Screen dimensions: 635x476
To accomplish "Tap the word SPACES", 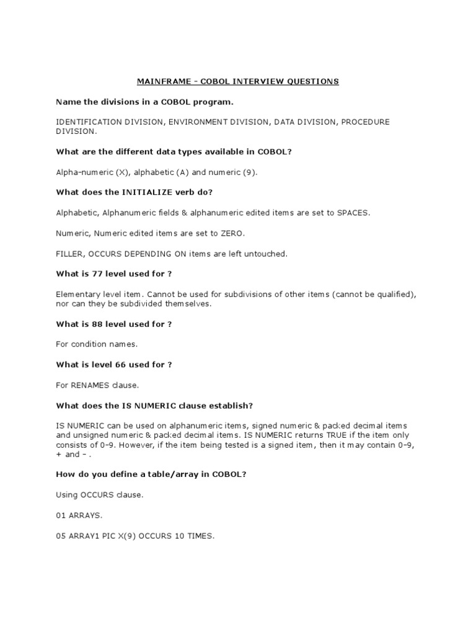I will pyautogui.click(x=353, y=213).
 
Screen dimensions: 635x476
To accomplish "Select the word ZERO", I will pyautogui.click(x=229, y=233).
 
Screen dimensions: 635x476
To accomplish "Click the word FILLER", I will pyautogui.click(x=69, y=253).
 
